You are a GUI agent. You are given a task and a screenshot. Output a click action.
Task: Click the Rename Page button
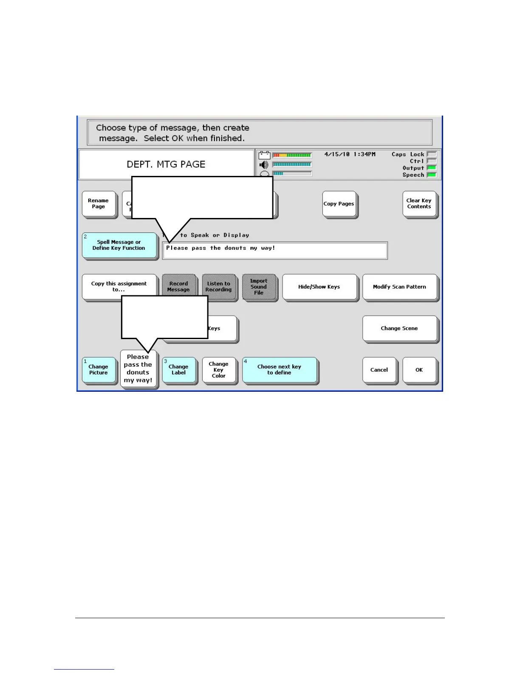[99, 204]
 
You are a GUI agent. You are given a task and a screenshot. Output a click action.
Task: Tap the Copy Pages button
[339, 204]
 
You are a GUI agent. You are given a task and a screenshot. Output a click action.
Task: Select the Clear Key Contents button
[419, 204]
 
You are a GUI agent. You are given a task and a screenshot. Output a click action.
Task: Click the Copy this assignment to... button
[119, 287]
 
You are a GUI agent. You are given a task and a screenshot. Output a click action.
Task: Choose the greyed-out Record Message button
[178, 287]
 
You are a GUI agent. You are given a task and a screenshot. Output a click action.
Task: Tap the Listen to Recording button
[218, 287]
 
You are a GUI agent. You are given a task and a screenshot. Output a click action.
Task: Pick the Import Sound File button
[259, 287]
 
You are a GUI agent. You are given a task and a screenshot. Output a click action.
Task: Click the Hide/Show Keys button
[319, 287]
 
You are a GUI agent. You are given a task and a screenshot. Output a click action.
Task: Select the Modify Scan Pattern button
[399, 287]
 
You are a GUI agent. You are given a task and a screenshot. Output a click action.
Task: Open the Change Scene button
[399, 328]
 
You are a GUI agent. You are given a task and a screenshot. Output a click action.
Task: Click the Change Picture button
[99, 370]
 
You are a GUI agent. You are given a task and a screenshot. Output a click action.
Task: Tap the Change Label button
[178, 370]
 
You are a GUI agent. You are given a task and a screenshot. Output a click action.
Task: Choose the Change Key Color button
[218, 370]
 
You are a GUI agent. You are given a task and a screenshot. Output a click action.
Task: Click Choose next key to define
[279, 370]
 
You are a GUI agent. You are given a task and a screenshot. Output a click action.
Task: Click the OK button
[419, 370]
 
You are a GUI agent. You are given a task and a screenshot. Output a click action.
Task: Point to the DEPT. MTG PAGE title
[166, 164]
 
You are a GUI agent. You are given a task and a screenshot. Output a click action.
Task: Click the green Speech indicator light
[431, 175]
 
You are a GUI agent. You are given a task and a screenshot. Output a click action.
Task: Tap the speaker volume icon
[264, 165]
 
